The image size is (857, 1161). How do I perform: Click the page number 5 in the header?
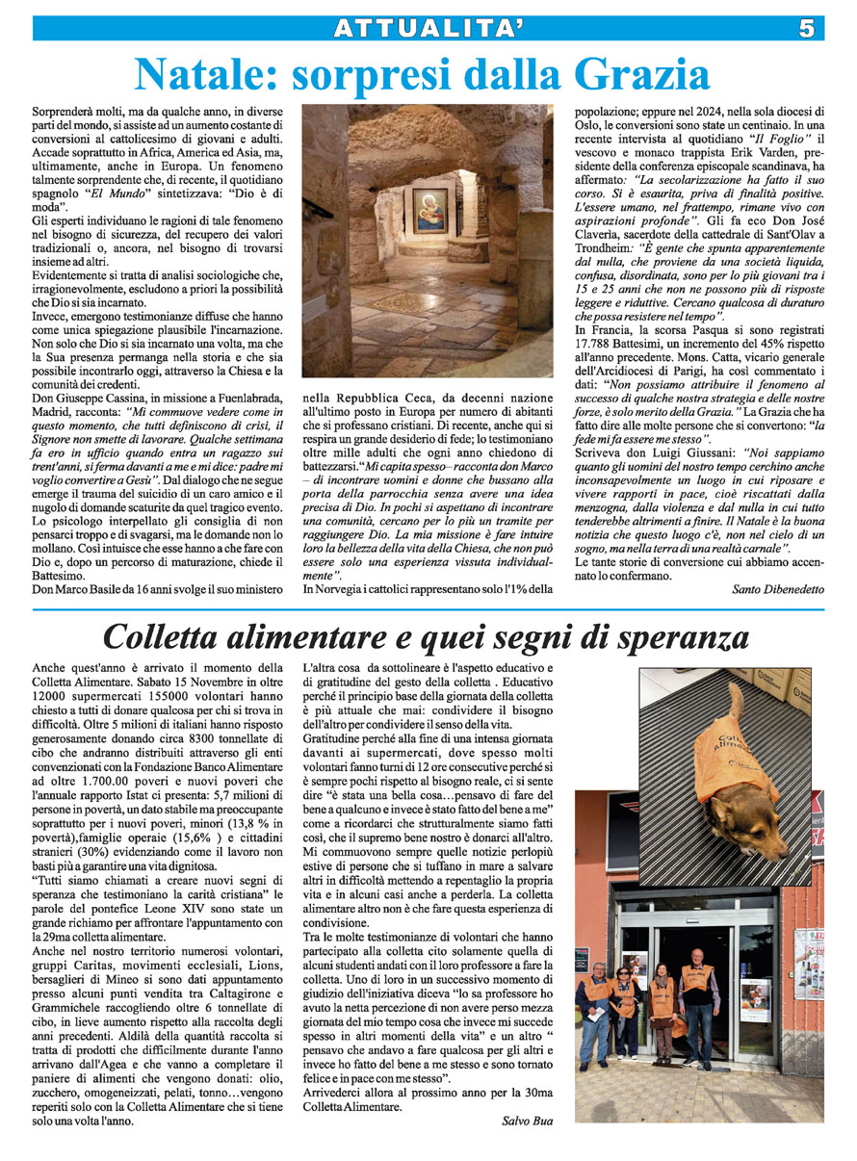pyautogui.click(x=806, y=29)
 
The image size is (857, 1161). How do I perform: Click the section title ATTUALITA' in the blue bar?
pyautogui.click(x=428, y=29)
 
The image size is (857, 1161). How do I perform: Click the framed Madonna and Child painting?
pyautogui.click(x=429, y=210)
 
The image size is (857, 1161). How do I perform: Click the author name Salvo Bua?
pyautogui.click(x=528, y=1120)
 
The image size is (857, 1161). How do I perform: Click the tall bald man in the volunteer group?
pyautogui.click(x=695, y=1001)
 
